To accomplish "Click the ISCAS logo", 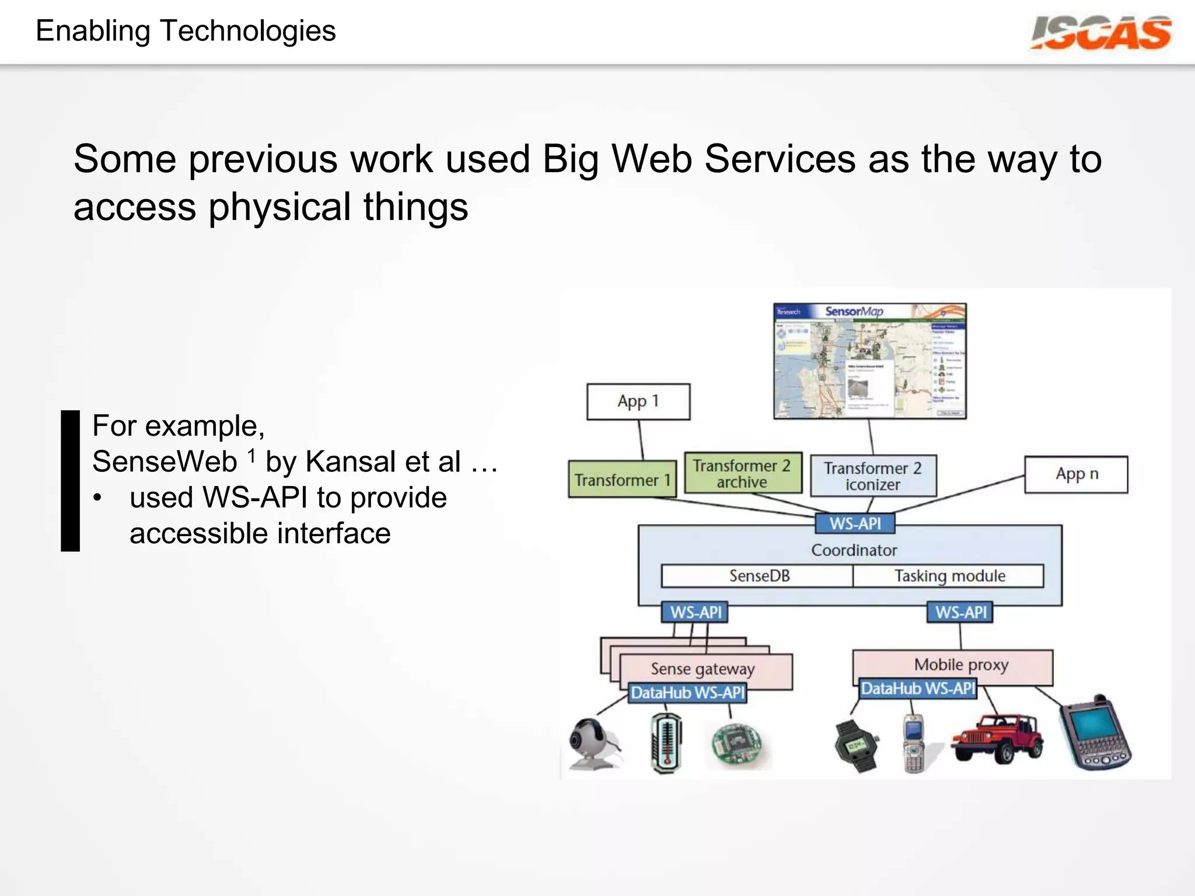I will (1100, 33).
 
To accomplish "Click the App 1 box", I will (638, 401).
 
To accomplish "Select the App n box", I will (1076, 474).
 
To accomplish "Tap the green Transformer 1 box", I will (622, 480).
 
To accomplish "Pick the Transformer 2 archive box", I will (742, 474).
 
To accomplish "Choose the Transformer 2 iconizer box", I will (873, 476).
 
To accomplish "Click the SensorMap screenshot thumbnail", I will (869, 360).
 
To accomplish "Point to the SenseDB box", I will (759, 576).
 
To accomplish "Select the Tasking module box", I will (949, 576).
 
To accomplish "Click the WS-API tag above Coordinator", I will (855, 523).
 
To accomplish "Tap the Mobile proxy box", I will (960, 664).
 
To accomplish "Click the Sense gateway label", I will (703, 668).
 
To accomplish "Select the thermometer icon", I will (666, 743).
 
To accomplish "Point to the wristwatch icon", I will (856, 745).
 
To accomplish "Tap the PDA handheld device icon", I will (1095, 734).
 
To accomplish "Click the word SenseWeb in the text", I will (165, 461).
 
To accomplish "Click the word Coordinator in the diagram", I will (854, 550).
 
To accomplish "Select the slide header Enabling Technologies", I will (186, 31).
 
